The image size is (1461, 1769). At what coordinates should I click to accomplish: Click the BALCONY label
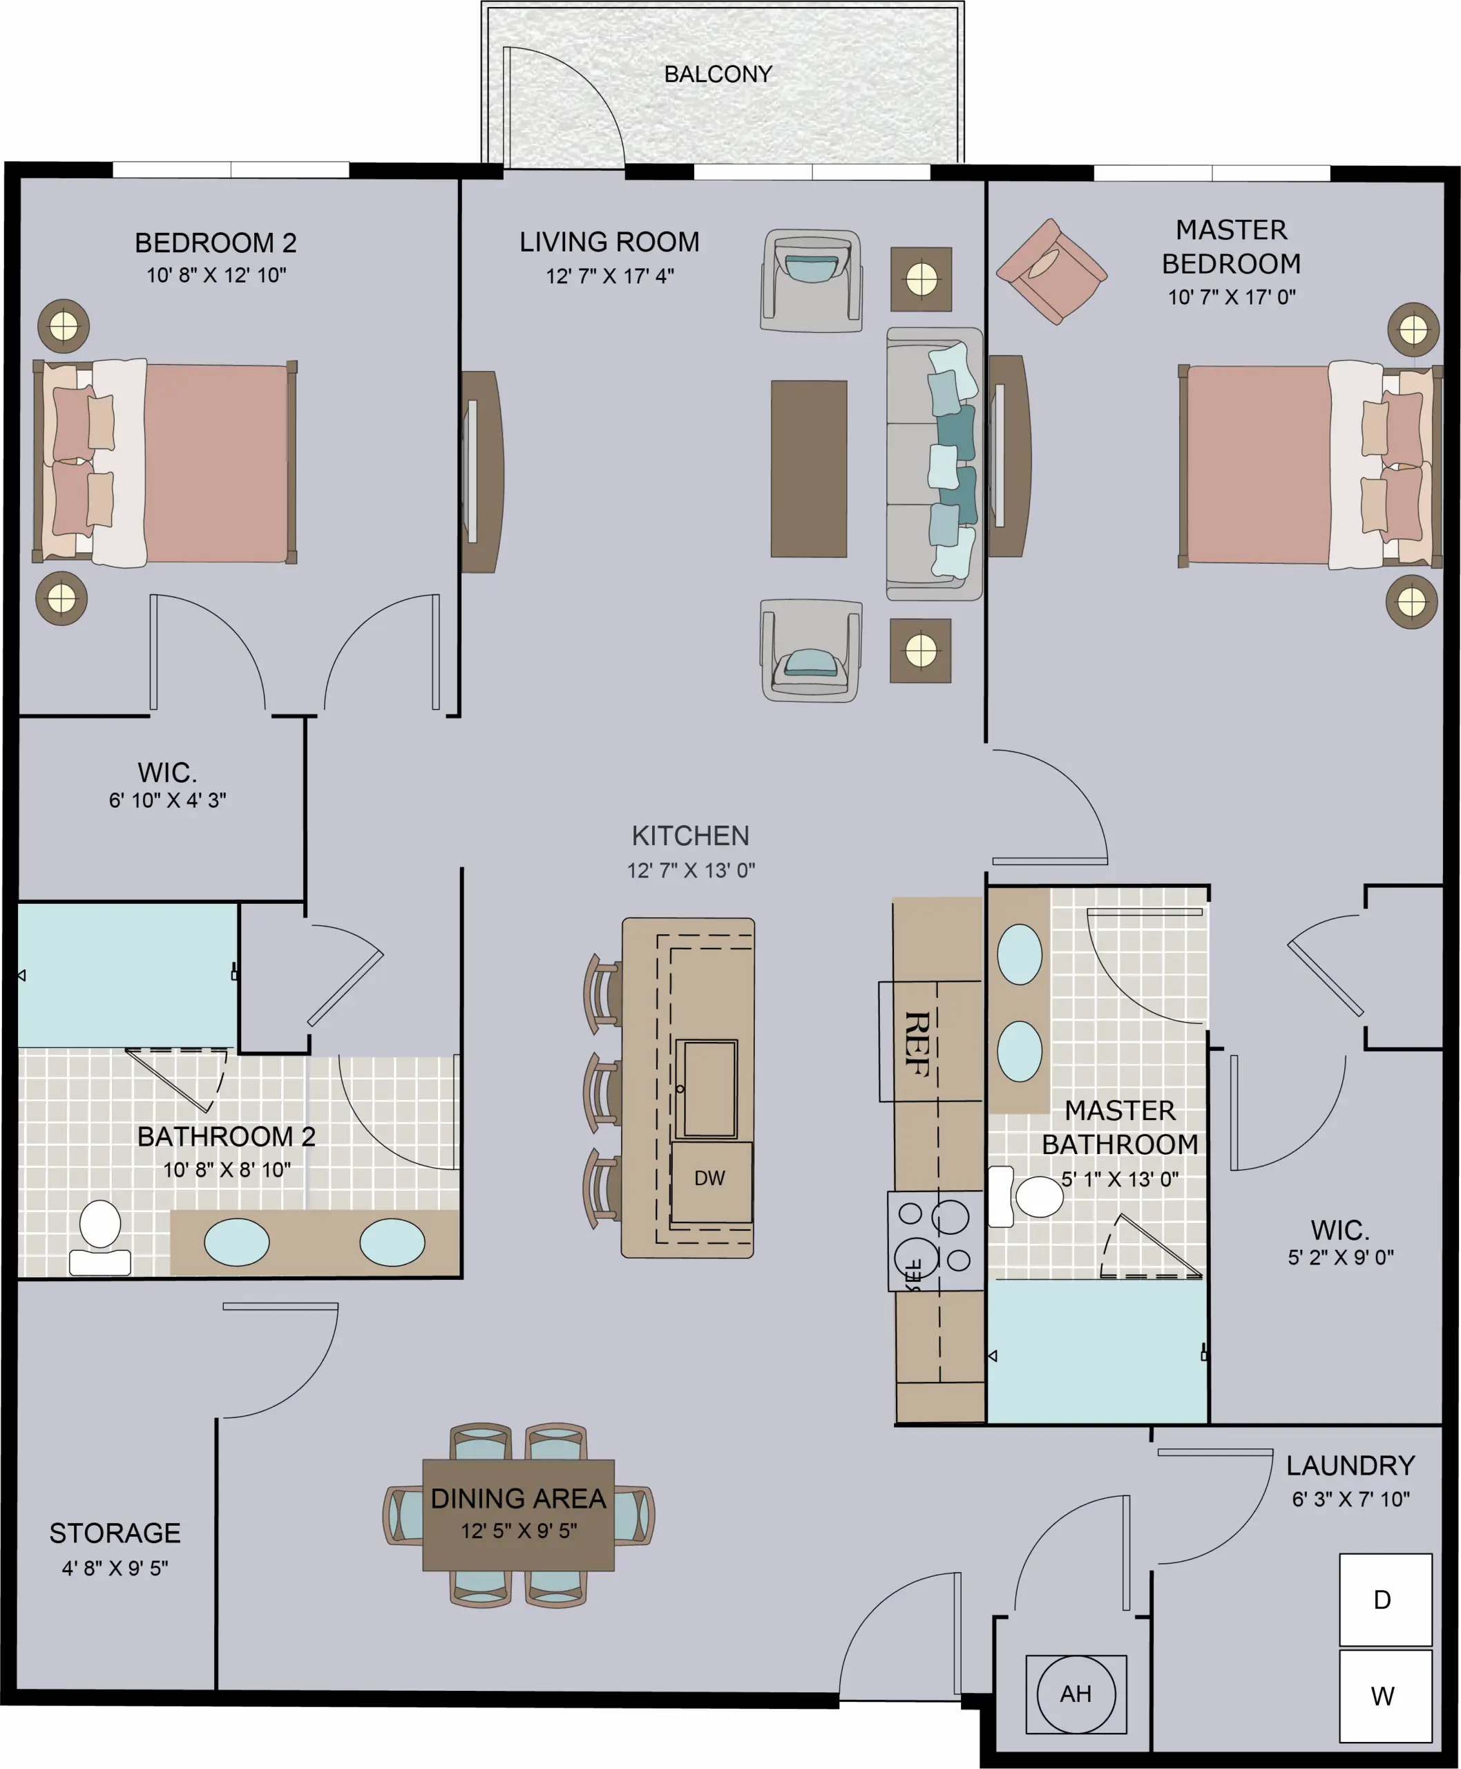[x=718, y=74]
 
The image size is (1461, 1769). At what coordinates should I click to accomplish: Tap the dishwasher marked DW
[x=711, y=1182]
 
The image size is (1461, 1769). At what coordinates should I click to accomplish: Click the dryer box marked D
[x=1385, y=1600]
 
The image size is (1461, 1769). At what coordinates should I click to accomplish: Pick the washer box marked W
[x=1385, y=1696]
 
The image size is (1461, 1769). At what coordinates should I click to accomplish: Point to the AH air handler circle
[x=1076, y=1694]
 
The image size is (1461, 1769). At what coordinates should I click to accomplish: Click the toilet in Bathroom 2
[x=100, y=1237]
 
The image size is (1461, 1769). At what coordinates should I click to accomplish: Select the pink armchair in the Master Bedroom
[x=1051, y=271]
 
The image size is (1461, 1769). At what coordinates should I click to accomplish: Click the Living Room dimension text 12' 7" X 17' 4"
[x=610, y=276]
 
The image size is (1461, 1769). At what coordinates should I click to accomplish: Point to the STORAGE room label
[x=115, y=1533]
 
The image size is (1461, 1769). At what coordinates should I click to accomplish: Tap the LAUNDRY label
[x=1350, y=1465]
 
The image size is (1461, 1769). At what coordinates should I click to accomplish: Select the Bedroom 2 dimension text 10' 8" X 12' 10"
[x=216, y=275]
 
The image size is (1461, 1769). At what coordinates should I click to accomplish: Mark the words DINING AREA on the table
[x=518, y=1499]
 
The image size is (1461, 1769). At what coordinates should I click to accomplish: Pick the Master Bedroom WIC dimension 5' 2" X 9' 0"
[x=1341, y=1257]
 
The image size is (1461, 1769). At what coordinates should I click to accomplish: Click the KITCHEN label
[x=690, y=836]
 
